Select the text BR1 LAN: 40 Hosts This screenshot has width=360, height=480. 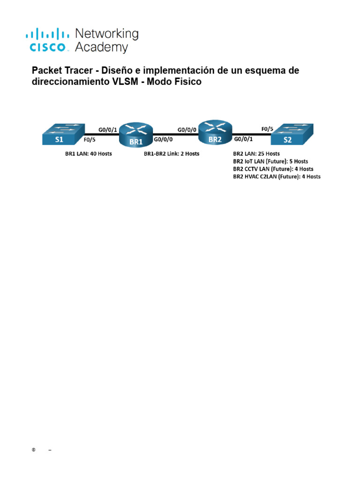tap(89, 153)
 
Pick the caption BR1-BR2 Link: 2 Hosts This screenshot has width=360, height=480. tap(171, 153)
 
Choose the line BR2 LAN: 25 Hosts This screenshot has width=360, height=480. tap(256, 153)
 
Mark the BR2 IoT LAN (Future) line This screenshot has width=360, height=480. tap(270, 161)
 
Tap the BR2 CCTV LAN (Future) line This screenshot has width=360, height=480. tap(273, 169)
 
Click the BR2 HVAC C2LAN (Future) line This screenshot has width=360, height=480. tap(277, 176)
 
